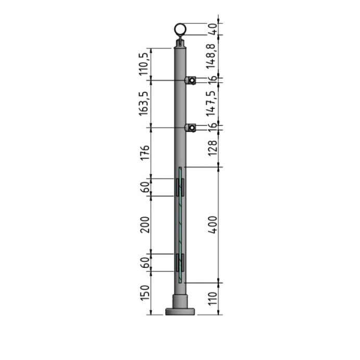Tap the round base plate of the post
pos(180,312)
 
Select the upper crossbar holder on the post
pos(191,80)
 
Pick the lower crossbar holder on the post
pos(191,128)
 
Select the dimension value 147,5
pos(211,103)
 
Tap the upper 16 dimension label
pos(211,80)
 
